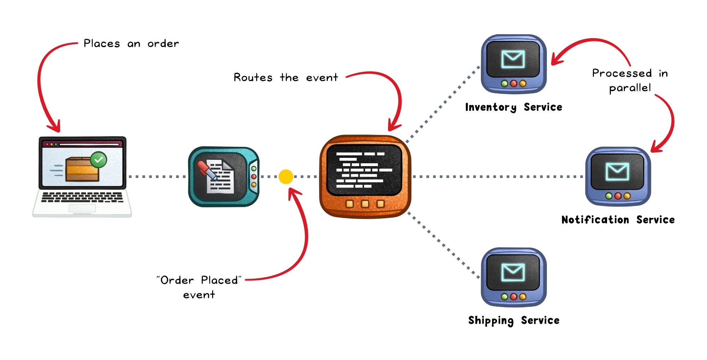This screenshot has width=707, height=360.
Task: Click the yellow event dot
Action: [x=286, y=177]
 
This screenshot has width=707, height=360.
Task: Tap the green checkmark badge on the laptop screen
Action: [x=98, y=160]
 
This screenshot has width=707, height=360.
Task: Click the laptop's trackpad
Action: [x=82, y=208]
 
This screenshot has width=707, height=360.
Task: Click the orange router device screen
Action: [x=364, y=170]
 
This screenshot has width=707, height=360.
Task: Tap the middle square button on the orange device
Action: [x=365, y=204]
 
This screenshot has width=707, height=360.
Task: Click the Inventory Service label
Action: [x=513, y=107]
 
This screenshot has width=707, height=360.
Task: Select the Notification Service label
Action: [x=618, y=220]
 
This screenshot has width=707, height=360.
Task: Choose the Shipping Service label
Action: [x=514, y=320]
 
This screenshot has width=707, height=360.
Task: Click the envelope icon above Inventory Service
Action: [x=513, y=59]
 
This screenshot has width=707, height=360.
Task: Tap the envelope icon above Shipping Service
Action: [x=513, y=272]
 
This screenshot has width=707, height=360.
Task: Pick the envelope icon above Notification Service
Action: [x=617, y=172]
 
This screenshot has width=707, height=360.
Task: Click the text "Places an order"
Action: [x=131, y=43]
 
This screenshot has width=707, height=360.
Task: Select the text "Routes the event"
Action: [x=286, y=77]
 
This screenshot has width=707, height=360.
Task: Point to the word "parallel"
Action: [x=630, y=88]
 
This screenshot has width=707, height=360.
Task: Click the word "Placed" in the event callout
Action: [x=220, y=280]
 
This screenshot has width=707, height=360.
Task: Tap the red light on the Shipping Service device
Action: [x=514, y=297]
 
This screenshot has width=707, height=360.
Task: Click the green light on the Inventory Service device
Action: [x=504, y=84]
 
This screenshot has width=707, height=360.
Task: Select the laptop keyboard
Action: [x=82, y=197]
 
